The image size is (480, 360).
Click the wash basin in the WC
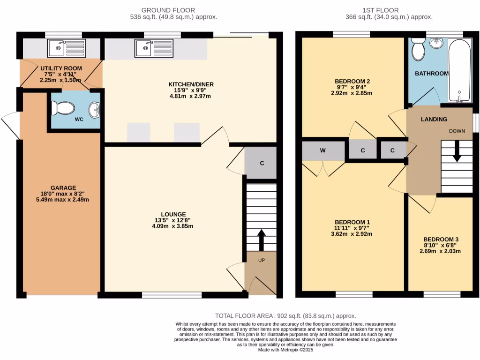96,109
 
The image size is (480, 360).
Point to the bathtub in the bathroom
461,70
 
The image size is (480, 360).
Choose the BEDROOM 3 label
440,238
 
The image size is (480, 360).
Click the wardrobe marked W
323,151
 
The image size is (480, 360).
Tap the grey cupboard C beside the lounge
262,163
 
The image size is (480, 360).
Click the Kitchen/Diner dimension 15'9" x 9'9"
191,90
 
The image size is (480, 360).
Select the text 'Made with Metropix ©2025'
285,350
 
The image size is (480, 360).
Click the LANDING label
434,120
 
